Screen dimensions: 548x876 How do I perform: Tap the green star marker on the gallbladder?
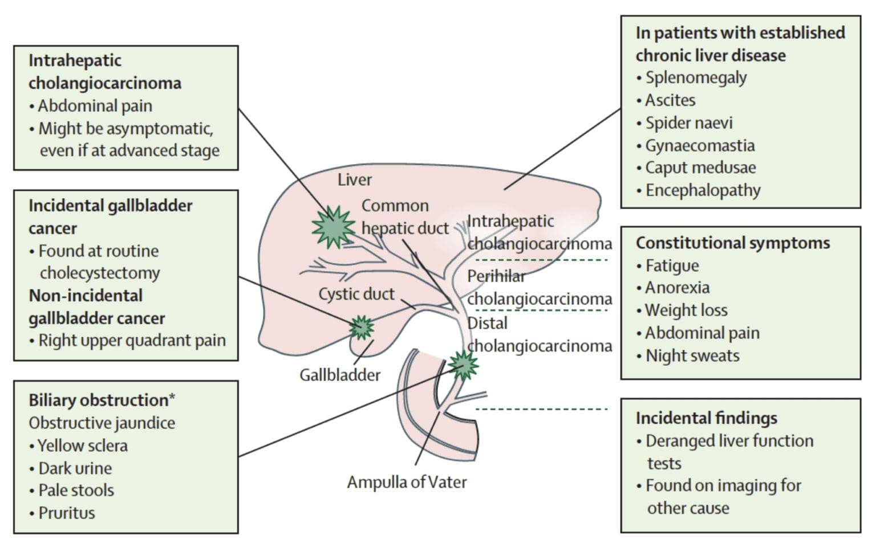pyautogui.click(x=361, y=328)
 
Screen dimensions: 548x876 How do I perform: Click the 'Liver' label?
pyautogui.click(x=354, y=179)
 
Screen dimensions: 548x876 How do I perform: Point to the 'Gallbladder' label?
pyautogui.click(x=340, y=375)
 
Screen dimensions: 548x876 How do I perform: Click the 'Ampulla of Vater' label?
pyautogui.click(x=407, y=482)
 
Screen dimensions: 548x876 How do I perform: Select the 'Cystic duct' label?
pyautogui.click(x=356, y=294)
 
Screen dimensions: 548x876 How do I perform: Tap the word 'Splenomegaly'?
pyautogui.click(x=696, y=77)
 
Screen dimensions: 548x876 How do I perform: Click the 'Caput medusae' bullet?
pyautogui.click(x=700, y=167)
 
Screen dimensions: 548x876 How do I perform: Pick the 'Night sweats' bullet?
pyautogui.click(x=692, y=356)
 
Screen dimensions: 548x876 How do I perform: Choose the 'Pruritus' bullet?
pyautogui.click(x=66, y=513)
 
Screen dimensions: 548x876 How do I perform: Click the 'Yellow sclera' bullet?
pyautogui.click(x=83, y=445)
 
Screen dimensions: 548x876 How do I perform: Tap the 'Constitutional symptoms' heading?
pyautogui.click(x=733, y=243)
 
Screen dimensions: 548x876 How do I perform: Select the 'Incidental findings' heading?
pyautogui.click(x=706, y=418)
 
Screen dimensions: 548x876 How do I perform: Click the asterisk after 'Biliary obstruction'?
pyautogui.click(x=172, y=398)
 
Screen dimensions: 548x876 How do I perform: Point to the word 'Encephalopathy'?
pyautogui.click(x=703, y=190)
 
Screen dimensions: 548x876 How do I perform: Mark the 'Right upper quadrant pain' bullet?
pyautogui.click(x=132, y=341)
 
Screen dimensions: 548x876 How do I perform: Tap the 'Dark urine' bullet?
pyautogui.click(x=75, y=468)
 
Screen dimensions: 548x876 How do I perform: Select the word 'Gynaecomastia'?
pyautogui.click(x=700, y=145)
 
